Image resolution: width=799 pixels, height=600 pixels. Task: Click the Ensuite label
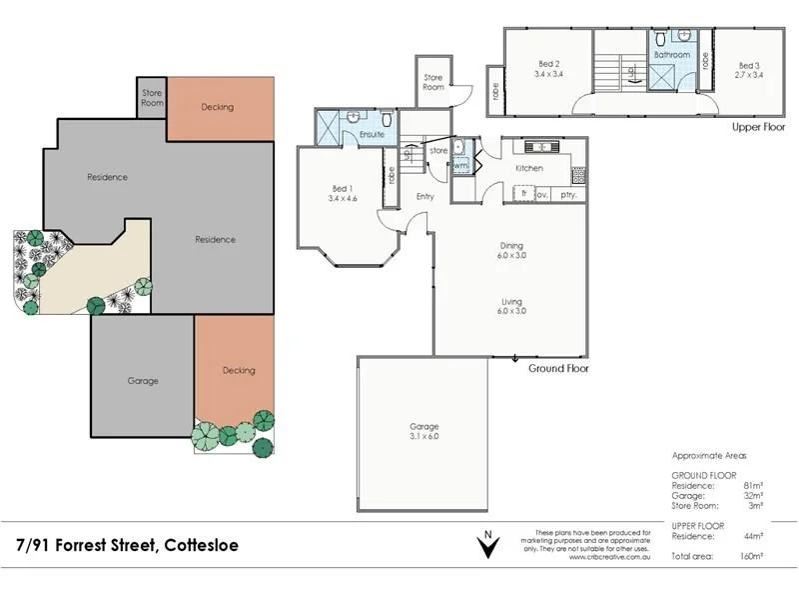(373, 134)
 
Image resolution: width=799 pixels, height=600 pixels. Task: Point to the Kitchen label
(529, 168)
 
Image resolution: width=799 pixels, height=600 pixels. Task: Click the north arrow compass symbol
(487, 547)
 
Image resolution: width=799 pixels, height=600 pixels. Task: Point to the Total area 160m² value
(751, 554)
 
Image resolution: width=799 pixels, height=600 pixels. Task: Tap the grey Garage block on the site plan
(142, 380)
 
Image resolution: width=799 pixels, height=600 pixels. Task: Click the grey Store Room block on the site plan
(152, 98)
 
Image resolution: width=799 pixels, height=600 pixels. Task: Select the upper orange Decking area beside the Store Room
(218, 107)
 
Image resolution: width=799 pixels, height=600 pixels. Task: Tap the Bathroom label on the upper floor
(672, 55)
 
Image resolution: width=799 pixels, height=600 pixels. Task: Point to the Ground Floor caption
(557, 368)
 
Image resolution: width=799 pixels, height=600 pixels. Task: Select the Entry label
(425, 196)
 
